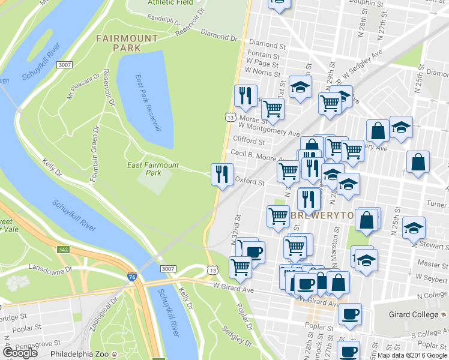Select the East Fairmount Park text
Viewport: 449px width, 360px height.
click(153, 169)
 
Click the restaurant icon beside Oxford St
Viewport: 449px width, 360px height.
click(222, 175)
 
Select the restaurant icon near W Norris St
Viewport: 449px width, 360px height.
click(245, 96)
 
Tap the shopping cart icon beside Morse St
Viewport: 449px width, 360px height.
click(273, 109)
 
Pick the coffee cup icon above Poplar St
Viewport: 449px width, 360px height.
click(349, 313)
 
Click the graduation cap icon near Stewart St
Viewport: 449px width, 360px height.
click(414, 228)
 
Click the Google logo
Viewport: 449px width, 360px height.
click(20, 353)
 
